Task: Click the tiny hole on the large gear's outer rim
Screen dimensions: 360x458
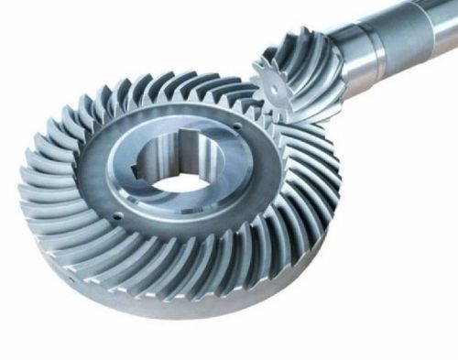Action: [71, 273]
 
